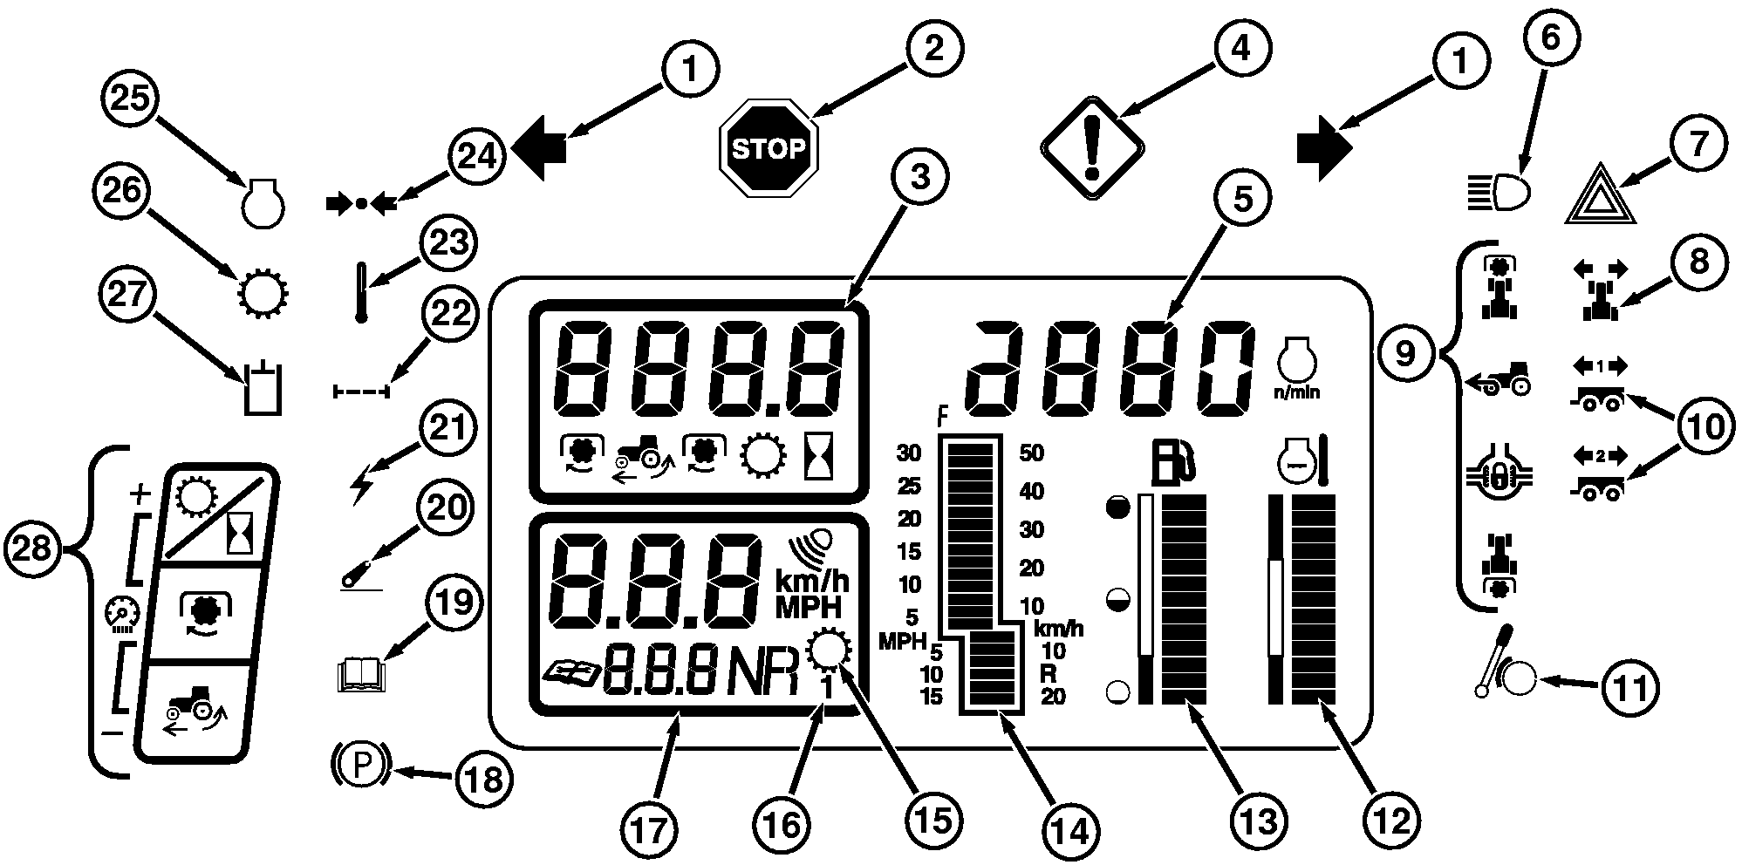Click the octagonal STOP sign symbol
769,149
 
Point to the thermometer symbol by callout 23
360,293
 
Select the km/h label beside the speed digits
811,582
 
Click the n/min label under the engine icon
1297,392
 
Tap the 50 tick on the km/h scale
1032,453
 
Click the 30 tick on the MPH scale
909,453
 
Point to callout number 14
1070,831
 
